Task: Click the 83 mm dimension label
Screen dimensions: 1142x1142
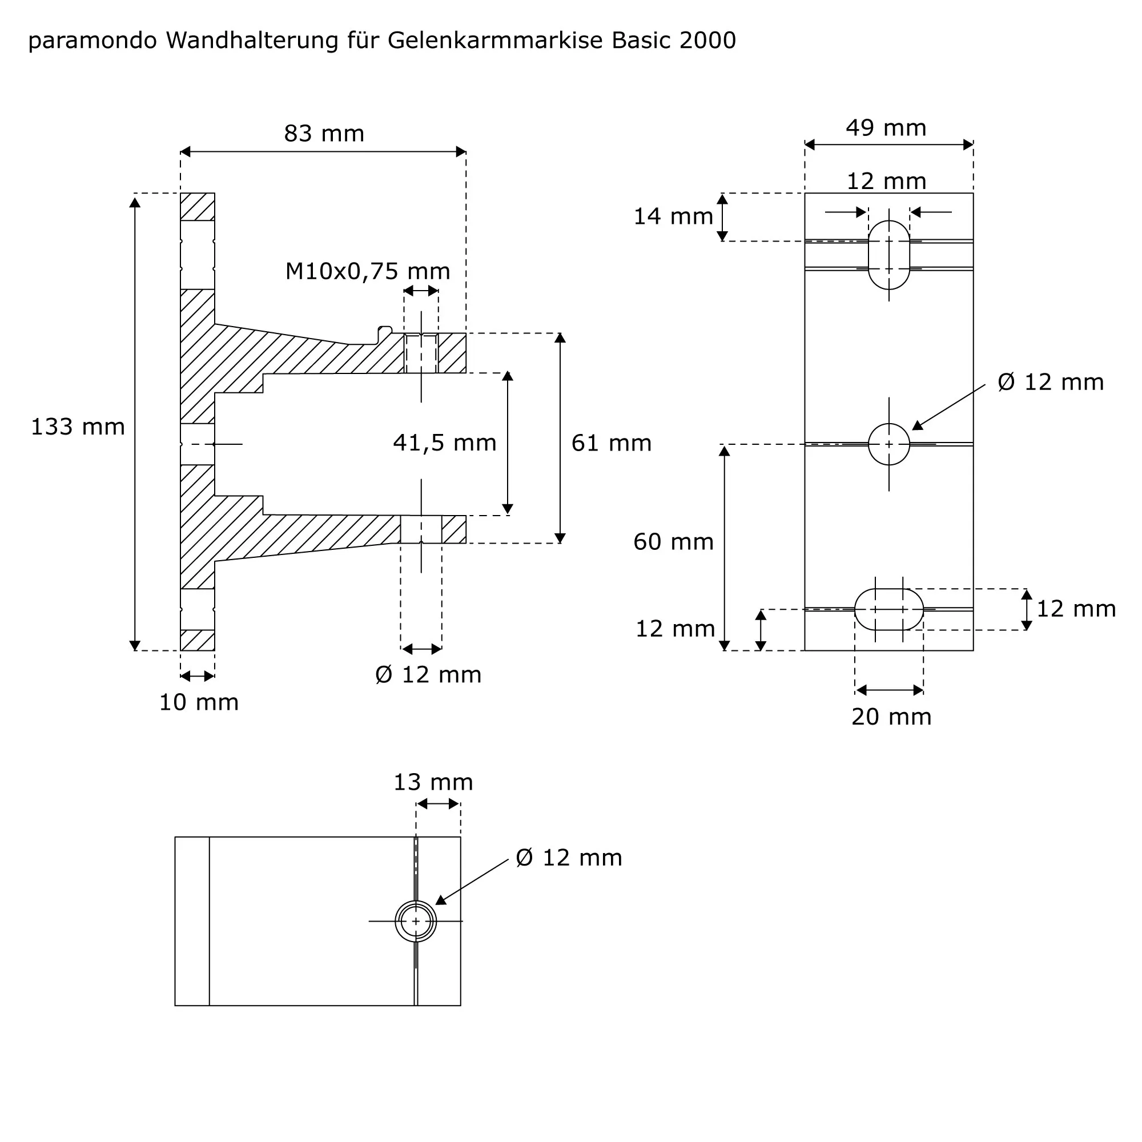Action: (324, 134)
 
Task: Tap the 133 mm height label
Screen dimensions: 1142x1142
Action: (78, 427)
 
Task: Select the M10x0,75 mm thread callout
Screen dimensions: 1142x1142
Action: (367, 271)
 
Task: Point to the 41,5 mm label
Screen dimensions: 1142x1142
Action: (444, 443)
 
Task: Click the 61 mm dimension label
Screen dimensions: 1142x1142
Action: (611, 443)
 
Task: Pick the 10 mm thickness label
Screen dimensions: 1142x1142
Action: (199, 702)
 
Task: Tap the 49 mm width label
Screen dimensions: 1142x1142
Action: (886, 128)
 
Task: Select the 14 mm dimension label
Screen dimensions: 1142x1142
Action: (673, 216)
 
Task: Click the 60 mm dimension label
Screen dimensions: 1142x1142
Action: (673, 542)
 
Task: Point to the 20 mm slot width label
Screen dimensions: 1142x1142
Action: (891, 717)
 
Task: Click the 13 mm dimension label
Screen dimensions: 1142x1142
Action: (433, 782)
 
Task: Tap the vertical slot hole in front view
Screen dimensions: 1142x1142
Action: (888, 255)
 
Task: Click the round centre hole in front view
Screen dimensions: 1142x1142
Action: (888, 444)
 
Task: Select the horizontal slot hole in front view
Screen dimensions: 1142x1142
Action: (888, 609)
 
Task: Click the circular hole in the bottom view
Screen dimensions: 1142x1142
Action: (416, 921)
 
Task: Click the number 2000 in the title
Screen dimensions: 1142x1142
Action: (707, 41)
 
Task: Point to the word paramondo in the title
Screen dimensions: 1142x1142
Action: (92, 41)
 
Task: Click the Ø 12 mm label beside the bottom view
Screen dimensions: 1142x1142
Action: (569, 858)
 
